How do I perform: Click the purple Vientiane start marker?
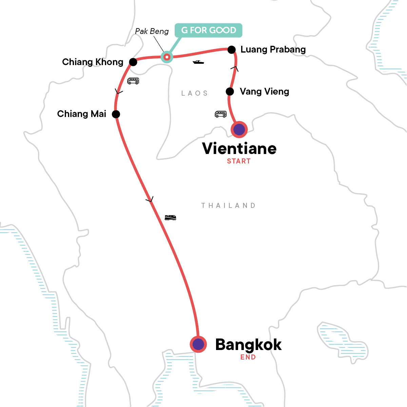click(239, 129)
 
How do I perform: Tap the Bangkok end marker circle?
click(198, 344)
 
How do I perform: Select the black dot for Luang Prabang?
click(231, 50)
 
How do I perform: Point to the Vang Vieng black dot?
click(230, 92)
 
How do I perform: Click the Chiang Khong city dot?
click(133, 62)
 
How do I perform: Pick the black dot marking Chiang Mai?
click(116, 114)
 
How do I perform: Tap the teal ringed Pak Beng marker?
click(167, 57)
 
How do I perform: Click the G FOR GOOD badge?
click(208, 30)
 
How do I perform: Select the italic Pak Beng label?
click(152, 31)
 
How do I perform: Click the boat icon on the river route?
click(198, 62)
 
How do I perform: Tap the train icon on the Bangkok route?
click(170, 217)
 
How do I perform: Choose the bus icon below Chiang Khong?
click(133, 81)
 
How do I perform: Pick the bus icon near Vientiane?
click(220, 114)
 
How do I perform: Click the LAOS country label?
click(194, 93)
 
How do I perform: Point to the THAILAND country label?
click(228, 206)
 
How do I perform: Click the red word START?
click(239, 161)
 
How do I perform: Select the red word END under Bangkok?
click(248, 357)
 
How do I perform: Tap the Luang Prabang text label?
click(273, 50)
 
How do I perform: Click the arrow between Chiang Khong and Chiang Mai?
click(119, 92)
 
